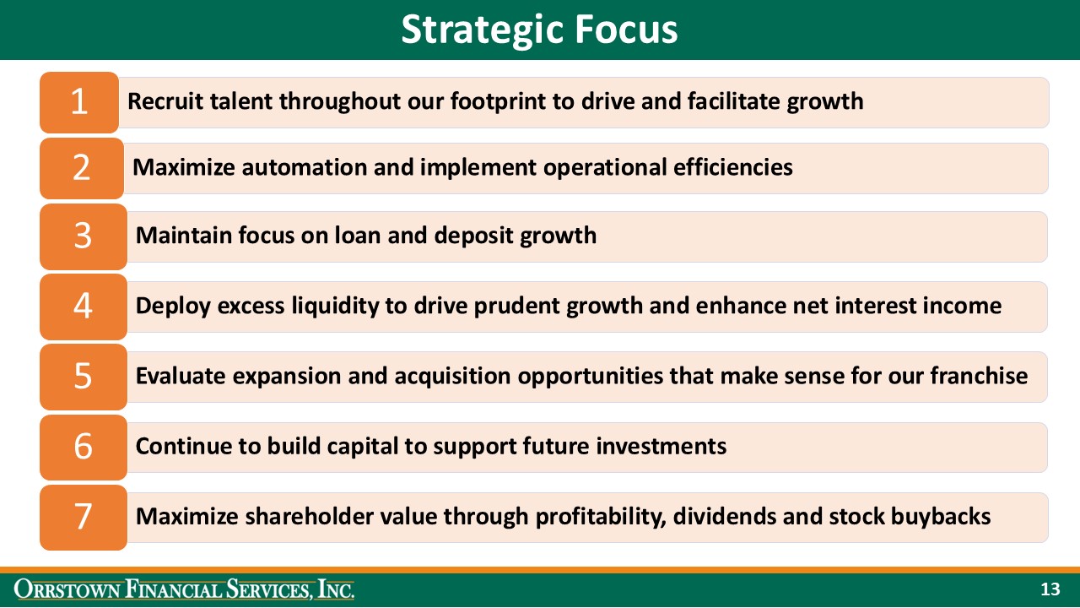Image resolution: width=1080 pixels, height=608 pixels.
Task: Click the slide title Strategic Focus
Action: pos(539,30)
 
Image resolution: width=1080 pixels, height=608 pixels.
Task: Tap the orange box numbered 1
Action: pos(79,102)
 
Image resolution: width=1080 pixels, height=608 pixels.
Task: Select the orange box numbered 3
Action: pos(82,236)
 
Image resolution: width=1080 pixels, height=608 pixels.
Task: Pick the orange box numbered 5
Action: pos(83,376)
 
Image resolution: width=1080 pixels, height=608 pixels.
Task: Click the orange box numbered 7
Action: pos(83,516)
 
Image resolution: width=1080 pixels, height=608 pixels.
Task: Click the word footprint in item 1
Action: pos(498,101)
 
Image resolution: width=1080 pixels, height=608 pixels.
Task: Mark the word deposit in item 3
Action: pos(473,235)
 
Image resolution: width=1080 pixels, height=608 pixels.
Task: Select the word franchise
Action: pos(979,375)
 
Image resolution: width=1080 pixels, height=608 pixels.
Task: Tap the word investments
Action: pos(661,445)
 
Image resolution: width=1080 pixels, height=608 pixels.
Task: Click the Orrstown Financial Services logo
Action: pos(184,589)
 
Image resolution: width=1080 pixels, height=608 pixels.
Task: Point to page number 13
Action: pos(1050,589)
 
